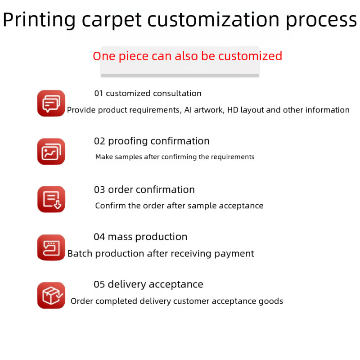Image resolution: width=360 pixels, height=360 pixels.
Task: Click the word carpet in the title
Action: click(111, 20)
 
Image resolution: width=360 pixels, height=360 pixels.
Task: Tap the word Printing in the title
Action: click(39, 20)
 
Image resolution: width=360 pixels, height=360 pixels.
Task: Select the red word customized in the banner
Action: click(250, 56)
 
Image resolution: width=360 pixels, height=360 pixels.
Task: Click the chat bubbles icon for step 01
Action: click(51, 103)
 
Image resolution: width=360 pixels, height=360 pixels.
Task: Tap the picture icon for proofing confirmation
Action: click(51, 152)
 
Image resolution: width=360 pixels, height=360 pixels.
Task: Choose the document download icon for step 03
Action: click(51, 199)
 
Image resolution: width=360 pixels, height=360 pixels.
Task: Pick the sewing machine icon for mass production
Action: click(51, 247)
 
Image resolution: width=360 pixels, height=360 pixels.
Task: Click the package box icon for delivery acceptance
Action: click(51, 296)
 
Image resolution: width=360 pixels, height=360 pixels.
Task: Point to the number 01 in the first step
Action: click(99, 94)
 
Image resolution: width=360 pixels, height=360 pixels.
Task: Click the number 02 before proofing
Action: click(99, 141)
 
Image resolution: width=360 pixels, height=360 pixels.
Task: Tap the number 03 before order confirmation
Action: click(99, 190)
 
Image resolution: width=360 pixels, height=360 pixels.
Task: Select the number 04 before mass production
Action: click(99, 237)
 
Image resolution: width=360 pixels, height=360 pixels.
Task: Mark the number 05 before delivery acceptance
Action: click(99, 284)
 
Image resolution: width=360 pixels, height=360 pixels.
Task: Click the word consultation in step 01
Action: click(177, 94)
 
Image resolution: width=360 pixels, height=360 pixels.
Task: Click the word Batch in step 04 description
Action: click(80, 254)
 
